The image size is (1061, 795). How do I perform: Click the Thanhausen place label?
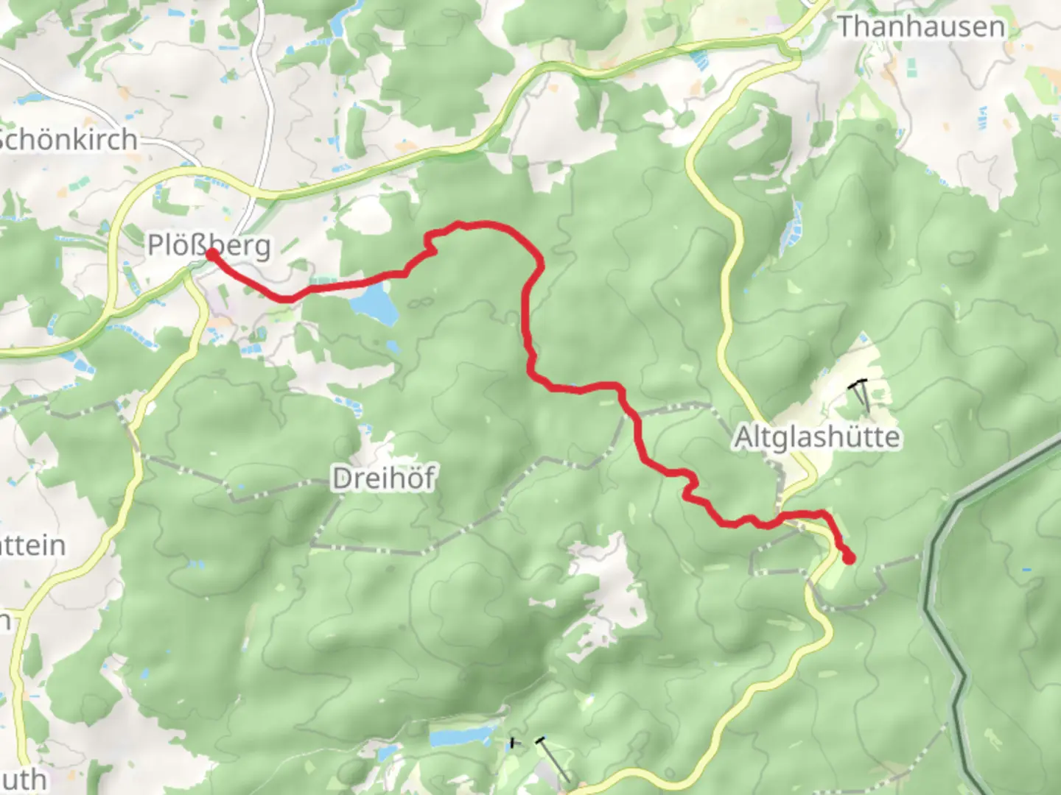[x=921, y=27]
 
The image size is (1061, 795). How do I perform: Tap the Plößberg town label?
[x=209, y=244]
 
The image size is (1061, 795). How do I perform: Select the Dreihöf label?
[x=383, y=478]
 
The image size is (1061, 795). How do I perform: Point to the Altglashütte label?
[x=817, y=437]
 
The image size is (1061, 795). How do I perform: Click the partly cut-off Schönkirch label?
[x=69, y=139]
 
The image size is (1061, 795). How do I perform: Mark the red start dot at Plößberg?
[x=211, y=255]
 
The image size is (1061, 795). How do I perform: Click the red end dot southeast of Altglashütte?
[x=849, y=559]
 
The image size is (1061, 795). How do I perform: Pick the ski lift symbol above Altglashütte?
[x=861, y=394]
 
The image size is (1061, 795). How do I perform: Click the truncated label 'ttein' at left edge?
[x=32, y=545]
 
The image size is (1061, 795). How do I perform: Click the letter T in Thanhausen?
[x=846, y=27]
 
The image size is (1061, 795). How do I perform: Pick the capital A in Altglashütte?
[x=743, y=437]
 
